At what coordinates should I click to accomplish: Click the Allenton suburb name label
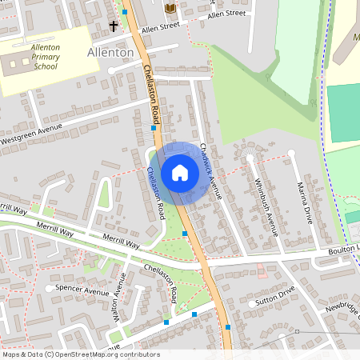[x=110, y=52]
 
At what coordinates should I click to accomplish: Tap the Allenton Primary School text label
[x=45, y=58]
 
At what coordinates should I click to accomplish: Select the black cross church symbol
[x=114, y=26]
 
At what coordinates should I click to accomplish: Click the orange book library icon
[x=170, y=8]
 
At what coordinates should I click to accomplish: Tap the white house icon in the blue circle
[x=179, y=173]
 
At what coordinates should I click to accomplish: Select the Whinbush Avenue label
[x=265, y=205]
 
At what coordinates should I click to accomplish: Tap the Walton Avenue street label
[x=119, y=298]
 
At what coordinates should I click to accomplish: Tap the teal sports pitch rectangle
[x=343, y=112]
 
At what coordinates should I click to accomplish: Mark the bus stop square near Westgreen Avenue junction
[x=154, y=128]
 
